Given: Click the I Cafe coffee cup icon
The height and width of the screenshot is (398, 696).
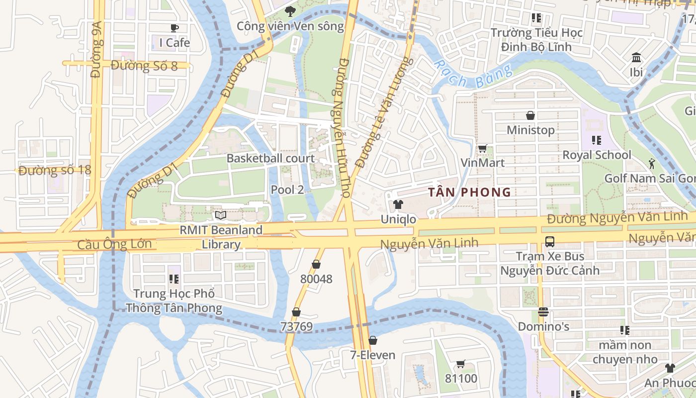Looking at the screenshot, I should click(174, 28).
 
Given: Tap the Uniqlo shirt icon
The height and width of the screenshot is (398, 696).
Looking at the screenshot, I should click(398, 204).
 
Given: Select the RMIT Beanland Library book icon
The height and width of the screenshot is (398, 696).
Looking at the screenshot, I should click(220, 215).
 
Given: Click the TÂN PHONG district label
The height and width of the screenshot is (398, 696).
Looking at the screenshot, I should click(470, 192).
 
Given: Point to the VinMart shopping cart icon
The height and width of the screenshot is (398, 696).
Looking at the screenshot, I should click(482, 148).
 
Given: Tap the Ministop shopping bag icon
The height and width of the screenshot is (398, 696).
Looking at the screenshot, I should click(530, 115).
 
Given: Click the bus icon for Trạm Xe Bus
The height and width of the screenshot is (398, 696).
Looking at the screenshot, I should click(550, 242).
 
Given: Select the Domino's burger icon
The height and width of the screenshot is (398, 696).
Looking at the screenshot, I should click(543, 312).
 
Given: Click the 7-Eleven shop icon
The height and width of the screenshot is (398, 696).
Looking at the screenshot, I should click(372, 340).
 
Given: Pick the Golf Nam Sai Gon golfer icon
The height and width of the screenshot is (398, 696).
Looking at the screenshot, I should click(652, 163).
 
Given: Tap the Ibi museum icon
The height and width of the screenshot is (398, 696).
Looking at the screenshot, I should click(636, 58).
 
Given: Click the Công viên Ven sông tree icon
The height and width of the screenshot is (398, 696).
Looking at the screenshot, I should click(290, 11).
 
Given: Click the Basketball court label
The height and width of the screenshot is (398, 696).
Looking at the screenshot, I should click(270, 158).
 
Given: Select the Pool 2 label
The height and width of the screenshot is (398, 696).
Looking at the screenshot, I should click(287, 190).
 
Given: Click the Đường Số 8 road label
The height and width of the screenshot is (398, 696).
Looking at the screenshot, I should click(144, 66).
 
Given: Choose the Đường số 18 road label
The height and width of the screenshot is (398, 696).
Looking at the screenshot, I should click(55, 170).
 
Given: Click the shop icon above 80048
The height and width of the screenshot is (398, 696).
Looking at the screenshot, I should click(316, 264).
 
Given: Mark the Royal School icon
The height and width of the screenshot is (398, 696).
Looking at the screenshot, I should click(597, 140).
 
